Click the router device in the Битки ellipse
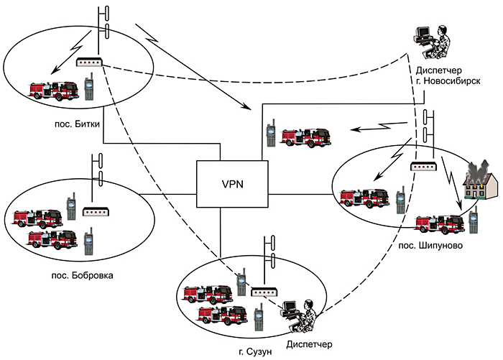point(91,64)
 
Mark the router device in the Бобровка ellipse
point(95,212)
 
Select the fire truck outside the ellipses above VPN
point(305,137)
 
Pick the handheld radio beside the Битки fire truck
point(90,89)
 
